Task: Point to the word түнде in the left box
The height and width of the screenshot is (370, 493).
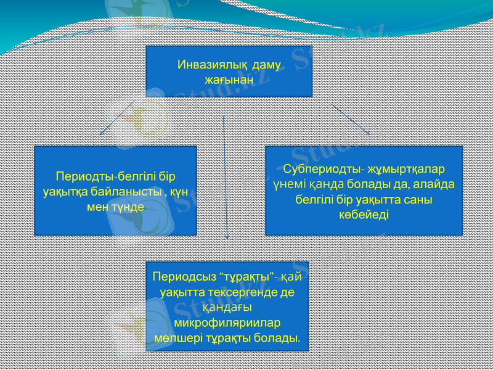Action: point(128,207)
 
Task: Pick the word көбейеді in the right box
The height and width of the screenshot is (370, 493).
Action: point(364,214)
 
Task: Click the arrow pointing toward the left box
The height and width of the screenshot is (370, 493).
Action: point(118,117)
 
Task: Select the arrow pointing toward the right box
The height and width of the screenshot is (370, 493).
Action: point(351,118)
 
